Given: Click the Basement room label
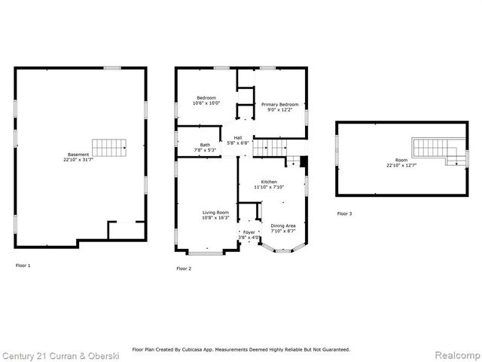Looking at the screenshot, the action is (x=78, y=155).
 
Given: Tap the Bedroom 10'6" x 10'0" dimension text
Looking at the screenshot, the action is (x=206, y=103).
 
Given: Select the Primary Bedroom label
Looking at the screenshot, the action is (x=279, y=104).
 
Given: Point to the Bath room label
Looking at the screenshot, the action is (x=205, y=145).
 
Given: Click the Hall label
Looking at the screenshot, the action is (x=238, y=138).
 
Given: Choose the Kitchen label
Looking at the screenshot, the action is (x=269, y=182).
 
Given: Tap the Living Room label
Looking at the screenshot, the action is (x=215, y=213).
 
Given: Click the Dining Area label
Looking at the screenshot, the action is (x=283, y=225).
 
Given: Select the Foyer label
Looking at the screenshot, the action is (x=249, y=232).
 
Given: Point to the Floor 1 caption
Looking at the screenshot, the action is (x=23, y=265).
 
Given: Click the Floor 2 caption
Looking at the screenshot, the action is (x=184, y=268).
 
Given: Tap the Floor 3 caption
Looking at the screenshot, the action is (x=344, y=213).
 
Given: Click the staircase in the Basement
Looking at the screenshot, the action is (x=109, y=148).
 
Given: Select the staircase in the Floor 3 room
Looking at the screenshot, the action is (x=438, y=151).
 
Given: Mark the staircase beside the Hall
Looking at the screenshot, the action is (x=270, y=148).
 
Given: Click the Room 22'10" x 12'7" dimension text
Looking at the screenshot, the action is (x=401, y=165).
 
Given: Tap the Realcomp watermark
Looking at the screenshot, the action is (x=458, y=355).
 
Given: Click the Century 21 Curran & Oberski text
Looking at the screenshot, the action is (x=60, y=356).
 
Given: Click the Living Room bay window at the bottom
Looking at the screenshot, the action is (x=206, y=253).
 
